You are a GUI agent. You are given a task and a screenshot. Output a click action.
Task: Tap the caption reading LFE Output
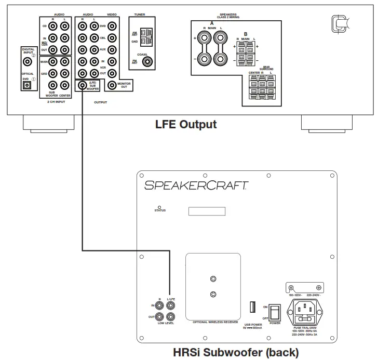point(186,125)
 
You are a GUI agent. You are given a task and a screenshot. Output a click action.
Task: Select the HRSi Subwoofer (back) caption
point(236,353)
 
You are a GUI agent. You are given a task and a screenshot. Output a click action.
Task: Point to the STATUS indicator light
point(159,207)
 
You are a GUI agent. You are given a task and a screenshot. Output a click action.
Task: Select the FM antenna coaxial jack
point(149,62)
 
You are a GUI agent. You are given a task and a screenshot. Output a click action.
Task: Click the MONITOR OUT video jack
point(111,85)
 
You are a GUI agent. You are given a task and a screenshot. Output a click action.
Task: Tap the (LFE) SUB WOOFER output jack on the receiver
point(82,85)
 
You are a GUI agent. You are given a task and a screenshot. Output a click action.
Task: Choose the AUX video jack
point(111,50)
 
